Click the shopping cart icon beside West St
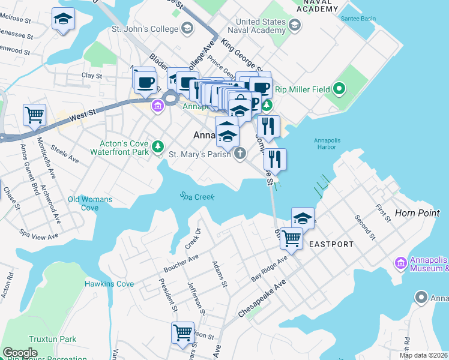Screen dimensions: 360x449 (34, 114)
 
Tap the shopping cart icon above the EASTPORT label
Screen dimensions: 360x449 (291, 237)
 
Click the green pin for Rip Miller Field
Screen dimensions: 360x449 (339, 90)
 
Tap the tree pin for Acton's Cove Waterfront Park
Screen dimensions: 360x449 (158, 146)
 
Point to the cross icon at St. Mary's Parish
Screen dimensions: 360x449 (240, 154)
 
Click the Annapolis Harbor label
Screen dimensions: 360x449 (330, 145)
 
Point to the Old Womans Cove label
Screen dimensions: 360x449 (90, 203)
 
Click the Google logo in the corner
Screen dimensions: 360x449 (20, 353)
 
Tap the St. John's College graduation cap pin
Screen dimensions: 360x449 (187, 28)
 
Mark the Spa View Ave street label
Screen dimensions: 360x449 (39, 233)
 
